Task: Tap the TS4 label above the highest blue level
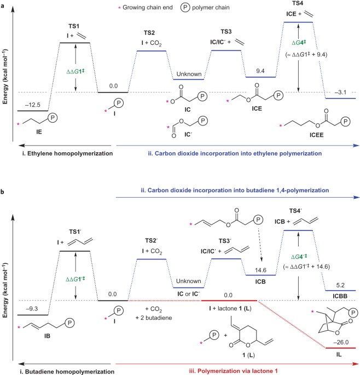(x=299, y=4)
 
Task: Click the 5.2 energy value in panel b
(x=340, y=285)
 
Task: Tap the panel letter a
(x=4, y=4)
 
